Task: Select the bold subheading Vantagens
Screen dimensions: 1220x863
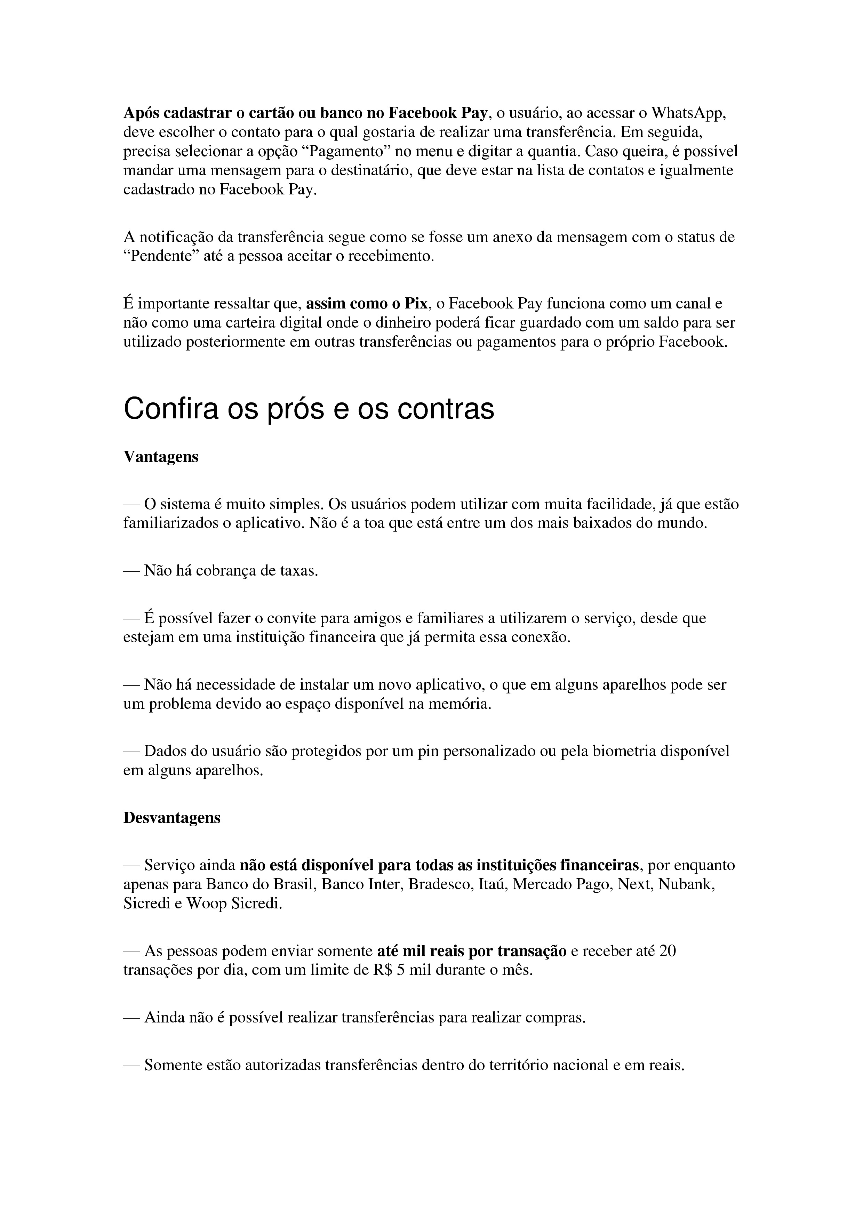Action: click(x=161, y=457)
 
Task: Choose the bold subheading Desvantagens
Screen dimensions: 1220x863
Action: click(x=171, y=818)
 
